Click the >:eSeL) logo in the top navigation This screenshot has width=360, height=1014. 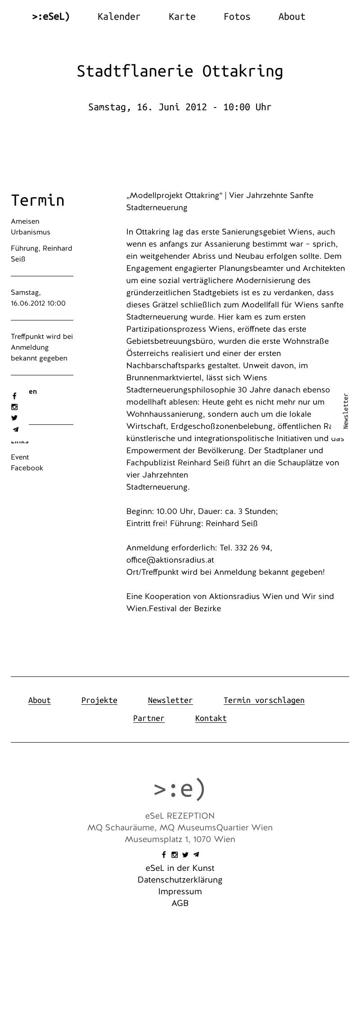coord(51,17)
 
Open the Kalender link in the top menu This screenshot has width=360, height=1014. coord(119,17)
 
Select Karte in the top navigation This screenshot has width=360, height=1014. coord(182,17)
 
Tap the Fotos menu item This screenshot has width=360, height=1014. coord(237,17)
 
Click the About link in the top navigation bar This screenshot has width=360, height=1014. coord(292,17)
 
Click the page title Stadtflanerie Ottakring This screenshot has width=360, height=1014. coord(180,71)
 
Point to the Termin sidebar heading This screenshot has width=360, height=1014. coord(38,200)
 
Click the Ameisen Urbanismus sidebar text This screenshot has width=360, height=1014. coord(31,227)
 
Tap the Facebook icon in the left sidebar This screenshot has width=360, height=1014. coord(14,396)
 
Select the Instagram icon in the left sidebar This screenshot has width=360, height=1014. coord(14,407)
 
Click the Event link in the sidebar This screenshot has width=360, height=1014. coord(20,457)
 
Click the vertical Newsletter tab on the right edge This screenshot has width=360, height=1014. coord(346,411)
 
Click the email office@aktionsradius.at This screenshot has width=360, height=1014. coord(170,560)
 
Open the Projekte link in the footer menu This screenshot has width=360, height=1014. coord(99,700)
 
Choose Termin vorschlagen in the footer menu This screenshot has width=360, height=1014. coord(264,700)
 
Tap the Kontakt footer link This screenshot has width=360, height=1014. coord(211,718)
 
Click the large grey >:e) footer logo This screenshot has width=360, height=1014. coord(180,789)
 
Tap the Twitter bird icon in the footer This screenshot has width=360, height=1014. coord(185,855)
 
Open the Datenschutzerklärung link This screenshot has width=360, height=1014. coord(180,880)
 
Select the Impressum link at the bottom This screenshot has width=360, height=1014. coord(180,892)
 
